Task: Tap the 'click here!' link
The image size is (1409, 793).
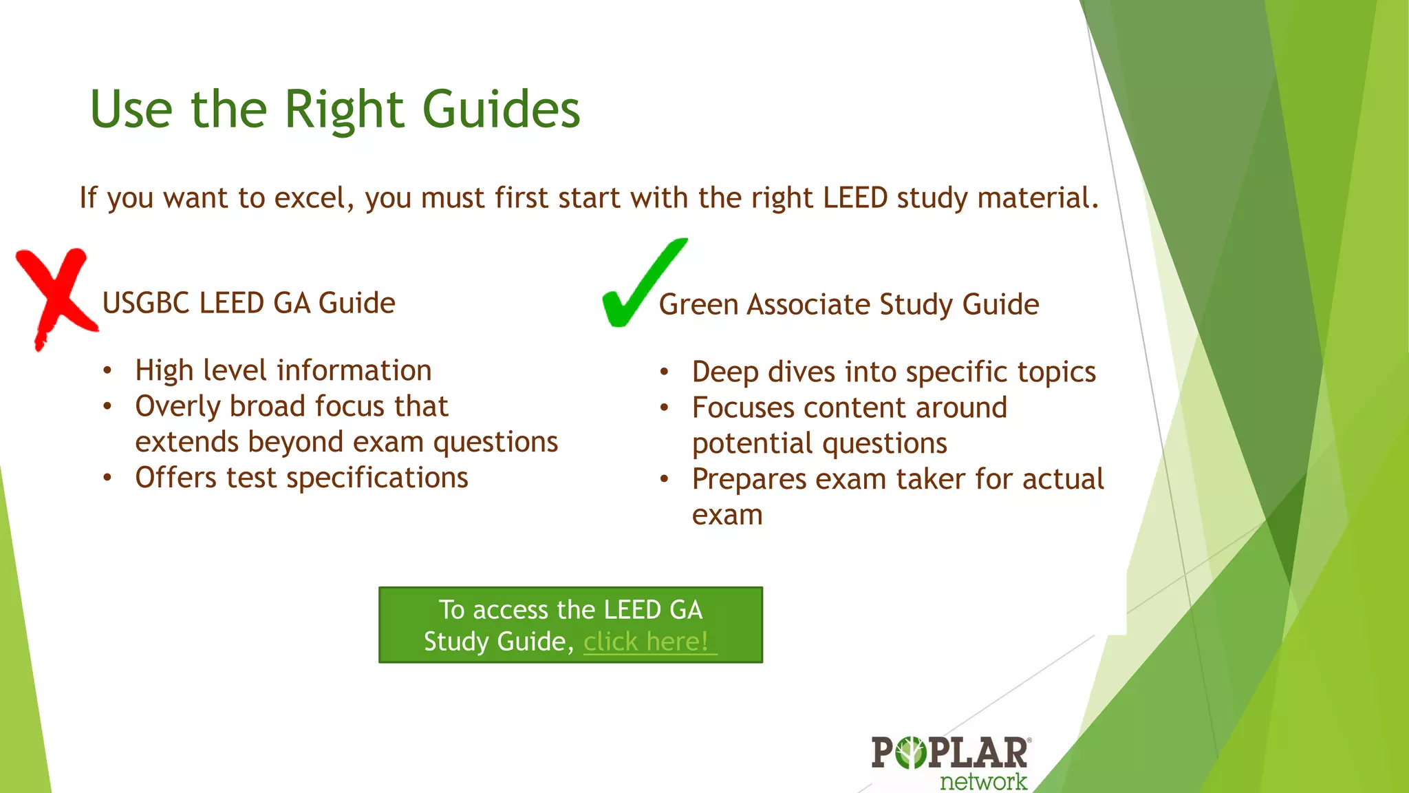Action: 646,642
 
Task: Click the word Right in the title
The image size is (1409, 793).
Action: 344,110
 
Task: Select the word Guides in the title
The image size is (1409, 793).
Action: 501,110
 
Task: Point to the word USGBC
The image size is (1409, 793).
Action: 145,304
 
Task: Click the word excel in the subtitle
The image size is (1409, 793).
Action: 314,198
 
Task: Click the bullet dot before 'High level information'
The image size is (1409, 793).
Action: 107,371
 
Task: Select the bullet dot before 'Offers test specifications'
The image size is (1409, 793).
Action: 107,478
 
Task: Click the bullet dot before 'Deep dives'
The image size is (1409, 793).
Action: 664,372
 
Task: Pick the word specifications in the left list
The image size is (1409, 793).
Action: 377,478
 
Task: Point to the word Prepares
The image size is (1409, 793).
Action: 749,480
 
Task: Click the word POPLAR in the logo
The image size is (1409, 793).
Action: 950,752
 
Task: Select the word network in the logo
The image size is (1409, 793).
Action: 983,782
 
